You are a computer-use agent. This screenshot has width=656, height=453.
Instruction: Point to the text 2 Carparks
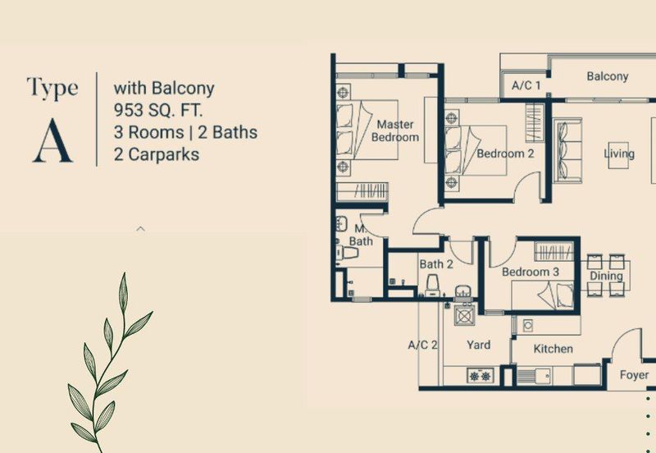coord(157,153)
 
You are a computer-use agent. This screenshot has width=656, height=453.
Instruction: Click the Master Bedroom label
coord(395,130)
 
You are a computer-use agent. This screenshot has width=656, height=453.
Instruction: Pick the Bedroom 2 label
coord(505,153)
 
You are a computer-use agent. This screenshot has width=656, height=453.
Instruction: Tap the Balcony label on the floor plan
coord(607,76)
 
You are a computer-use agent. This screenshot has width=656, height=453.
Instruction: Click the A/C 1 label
coord(526,85)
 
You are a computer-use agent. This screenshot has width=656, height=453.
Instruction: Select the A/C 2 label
coord(423,345)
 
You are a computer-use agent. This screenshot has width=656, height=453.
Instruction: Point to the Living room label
coord(619,153)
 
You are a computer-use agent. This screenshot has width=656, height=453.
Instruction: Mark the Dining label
coord(606,277)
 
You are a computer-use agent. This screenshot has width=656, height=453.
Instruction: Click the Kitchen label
coord(553,349)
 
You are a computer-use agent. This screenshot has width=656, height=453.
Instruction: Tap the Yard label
coord(478,345)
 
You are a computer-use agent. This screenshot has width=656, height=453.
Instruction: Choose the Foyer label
coord(634,375)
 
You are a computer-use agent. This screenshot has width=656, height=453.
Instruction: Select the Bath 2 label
coord(436,264)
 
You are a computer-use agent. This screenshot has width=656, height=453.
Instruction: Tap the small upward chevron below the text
coord(140,229)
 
